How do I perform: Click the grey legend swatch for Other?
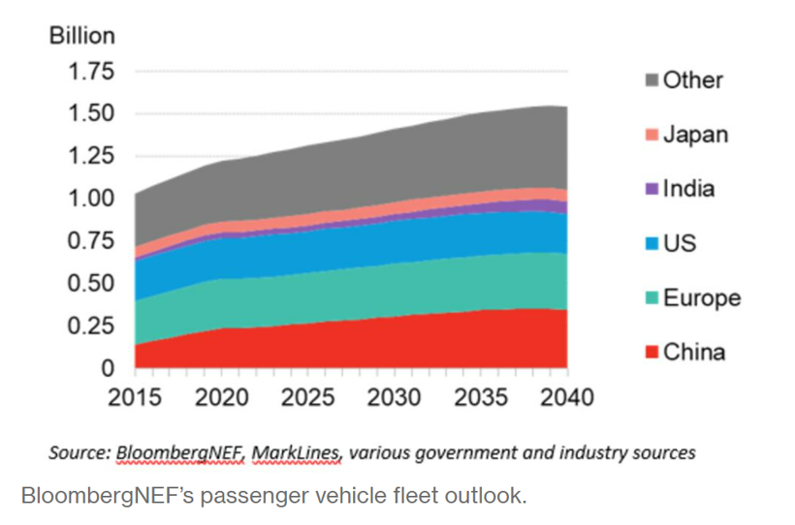(x=649, y=80)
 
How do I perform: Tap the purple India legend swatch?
(x=649, y=189)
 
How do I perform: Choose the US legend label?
(x=681, y=243)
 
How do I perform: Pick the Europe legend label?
(x=702, y=297)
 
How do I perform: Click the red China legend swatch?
(x=649, y=352)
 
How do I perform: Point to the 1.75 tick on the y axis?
(x=89, y=72)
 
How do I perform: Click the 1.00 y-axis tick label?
(x=89, y=199)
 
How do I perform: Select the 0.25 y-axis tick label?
(x=89, y=325)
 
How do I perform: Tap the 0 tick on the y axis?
(x=109, y=368)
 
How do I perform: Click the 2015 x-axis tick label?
(x=135, y=397)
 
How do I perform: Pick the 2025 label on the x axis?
(x=307, y=397)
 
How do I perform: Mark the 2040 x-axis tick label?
(x=566, y=397)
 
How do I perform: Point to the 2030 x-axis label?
(x=394, y=397)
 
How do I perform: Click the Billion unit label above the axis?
(x=82, y=36)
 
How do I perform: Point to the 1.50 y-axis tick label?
(x=89, y=114)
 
